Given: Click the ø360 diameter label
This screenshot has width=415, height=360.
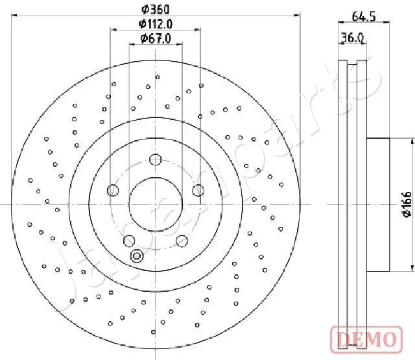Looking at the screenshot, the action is [156, 10].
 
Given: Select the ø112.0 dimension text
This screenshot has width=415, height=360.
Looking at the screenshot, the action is [156, 24].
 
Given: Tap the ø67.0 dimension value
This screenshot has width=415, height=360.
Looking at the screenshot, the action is [156, 39].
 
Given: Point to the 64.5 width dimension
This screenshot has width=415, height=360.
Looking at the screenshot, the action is [364, 17].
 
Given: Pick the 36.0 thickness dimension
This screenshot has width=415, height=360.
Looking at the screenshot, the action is [352, 38].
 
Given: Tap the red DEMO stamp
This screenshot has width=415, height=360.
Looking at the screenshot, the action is [366, 340].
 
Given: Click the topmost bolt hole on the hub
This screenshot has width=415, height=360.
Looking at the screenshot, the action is [156, 160].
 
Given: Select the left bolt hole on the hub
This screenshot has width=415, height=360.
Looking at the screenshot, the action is [113, 190].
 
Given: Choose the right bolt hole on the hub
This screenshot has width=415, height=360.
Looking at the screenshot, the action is [198, 190].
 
